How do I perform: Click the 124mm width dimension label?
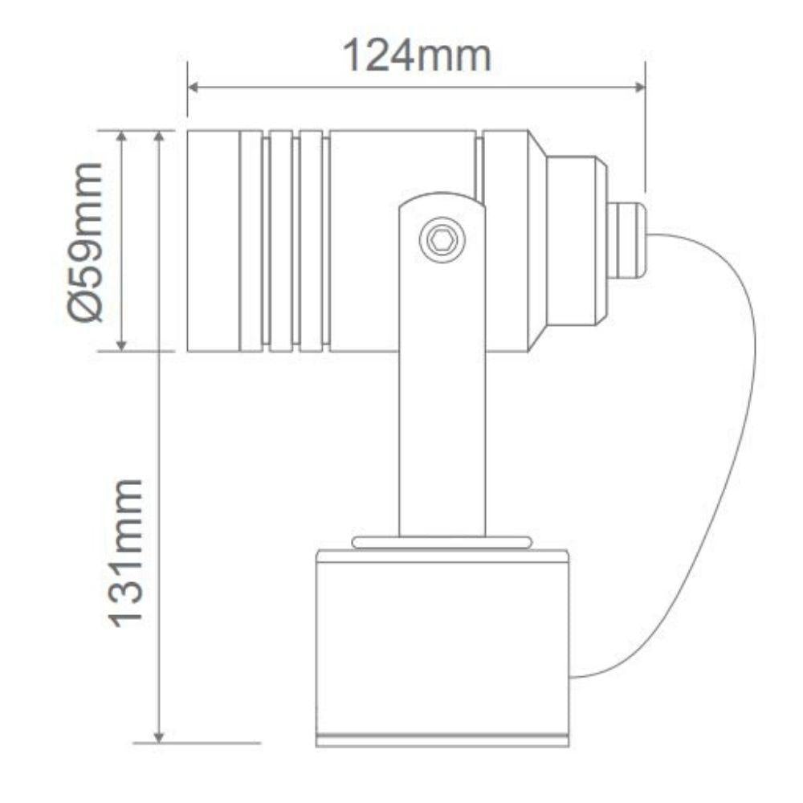(x=417, y=56)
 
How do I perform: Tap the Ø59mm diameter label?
(x=85, y=241)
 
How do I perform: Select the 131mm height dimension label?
(x=125, y=552)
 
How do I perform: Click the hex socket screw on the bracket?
(x=442, y=239)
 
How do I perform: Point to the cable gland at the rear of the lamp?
(x=626, y=240)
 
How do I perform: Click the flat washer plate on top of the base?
(x=442, y=543)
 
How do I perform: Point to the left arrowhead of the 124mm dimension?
(x=193, y=87)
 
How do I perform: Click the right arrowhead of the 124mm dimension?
(x=640, y=87)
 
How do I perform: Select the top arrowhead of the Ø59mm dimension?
(x=122, y=136)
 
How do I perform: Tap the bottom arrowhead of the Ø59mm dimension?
(x=122, y=344)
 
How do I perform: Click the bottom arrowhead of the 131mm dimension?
(x=159, y=736)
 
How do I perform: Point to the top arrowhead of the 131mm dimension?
(x=159, y=136)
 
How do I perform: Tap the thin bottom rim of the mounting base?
(x=442, y=740)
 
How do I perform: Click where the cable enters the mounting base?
(x=571, y=677)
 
